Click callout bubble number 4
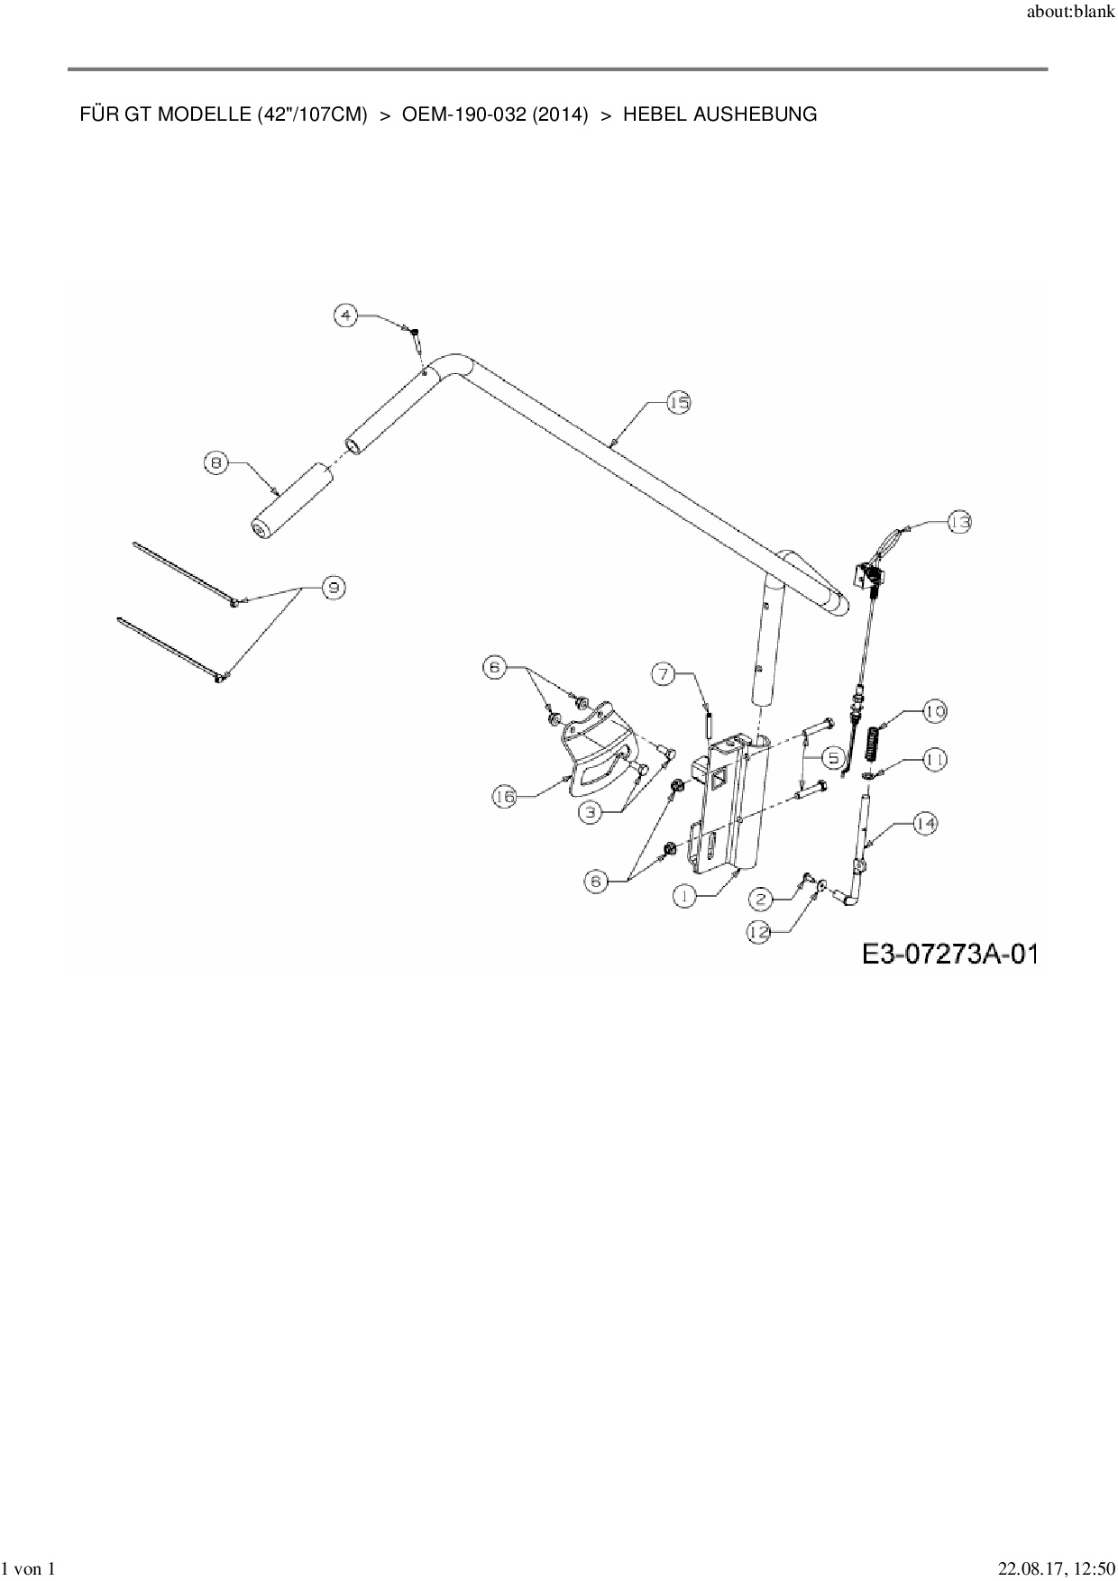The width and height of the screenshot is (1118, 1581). click(x=346, y=315)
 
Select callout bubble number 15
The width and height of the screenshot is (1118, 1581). click(x=678, y=403)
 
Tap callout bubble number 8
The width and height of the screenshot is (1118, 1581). click(x=215, y=463)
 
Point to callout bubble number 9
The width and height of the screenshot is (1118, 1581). click(x=334, y=588)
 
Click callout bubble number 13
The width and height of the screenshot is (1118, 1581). click(x=959, y=522)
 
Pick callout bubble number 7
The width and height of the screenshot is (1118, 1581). click(x=664, y=673)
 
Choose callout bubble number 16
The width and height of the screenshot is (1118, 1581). click(x=505, y=796)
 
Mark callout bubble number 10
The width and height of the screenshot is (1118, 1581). click(x=934, y=712)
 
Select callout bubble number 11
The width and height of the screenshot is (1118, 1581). click(x=934, y=760)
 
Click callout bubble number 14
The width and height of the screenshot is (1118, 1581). click(x=925, y=823)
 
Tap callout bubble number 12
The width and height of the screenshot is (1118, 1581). click(x=759, y=933)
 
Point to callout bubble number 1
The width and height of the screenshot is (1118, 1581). click(x=684, y=896)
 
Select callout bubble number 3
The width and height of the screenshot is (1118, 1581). click(x=590, y=812)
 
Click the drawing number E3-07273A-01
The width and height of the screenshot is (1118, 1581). click(x=948, y=954)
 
